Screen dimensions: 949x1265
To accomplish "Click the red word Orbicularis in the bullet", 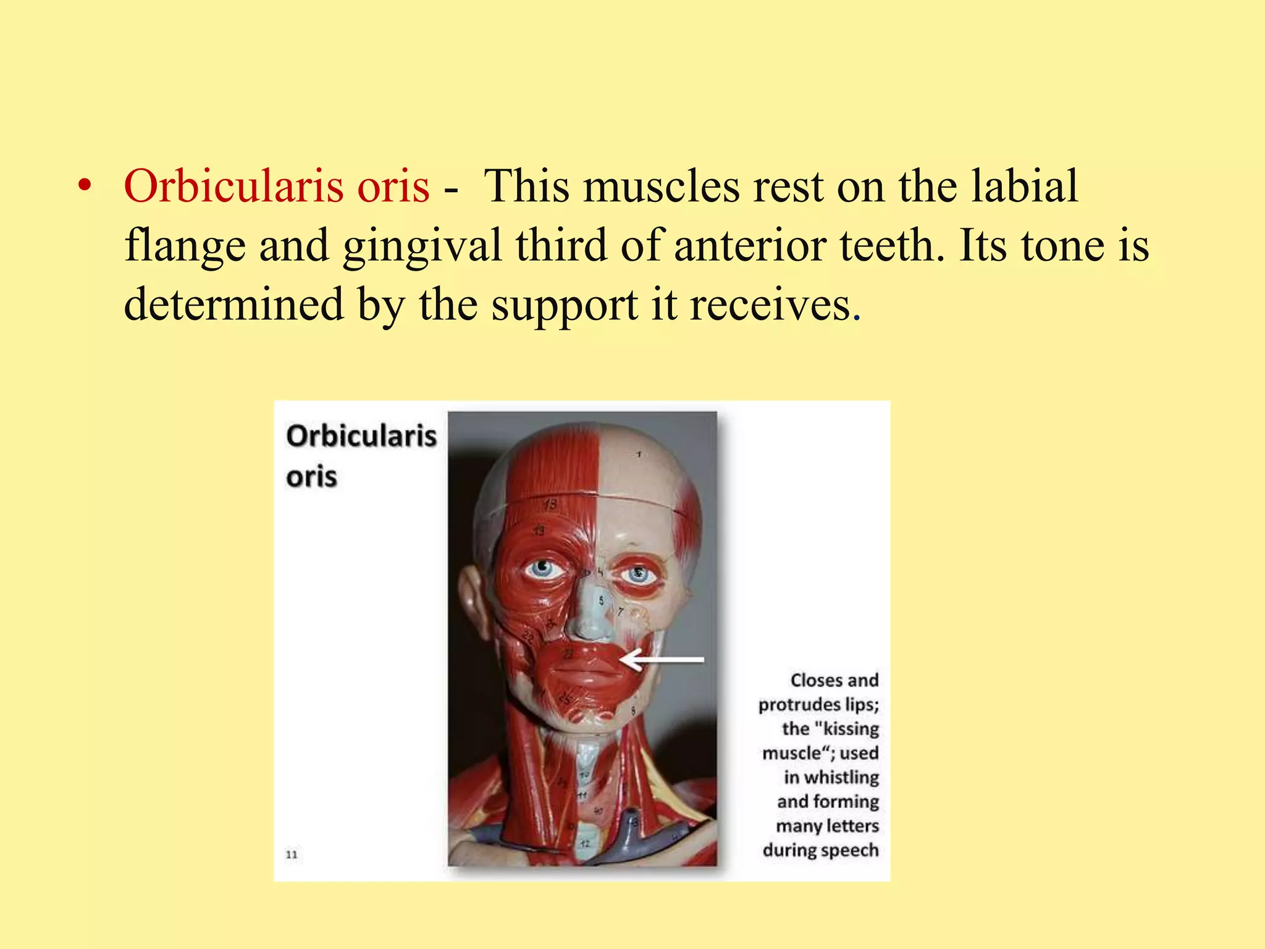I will point(234,186).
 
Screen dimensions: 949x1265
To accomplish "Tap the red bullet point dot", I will point(85,186).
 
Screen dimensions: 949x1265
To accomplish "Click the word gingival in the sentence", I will point(422,246).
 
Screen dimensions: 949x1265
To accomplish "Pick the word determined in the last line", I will point(233,304).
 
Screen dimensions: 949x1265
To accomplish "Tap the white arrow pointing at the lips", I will point(661,660).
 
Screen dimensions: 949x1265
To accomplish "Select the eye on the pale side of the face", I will point(637,575).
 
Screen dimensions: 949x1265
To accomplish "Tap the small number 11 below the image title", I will point(292,854).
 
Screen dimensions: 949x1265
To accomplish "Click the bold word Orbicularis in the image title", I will point(361,436).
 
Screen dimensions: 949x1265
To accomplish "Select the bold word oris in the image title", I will point(311,477).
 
